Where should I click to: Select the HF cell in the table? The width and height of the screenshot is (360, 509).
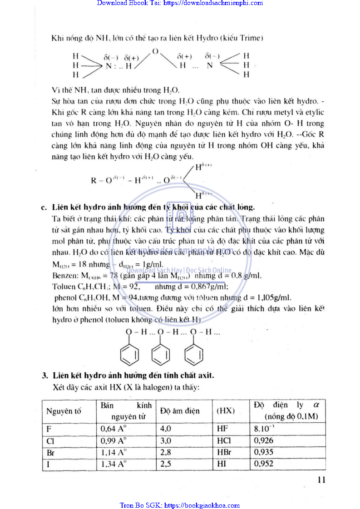coord(223,428)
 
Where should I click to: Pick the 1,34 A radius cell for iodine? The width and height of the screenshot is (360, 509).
coord(113,464)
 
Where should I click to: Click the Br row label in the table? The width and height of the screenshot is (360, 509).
coord(51,453)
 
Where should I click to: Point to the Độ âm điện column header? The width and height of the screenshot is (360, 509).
coord(180,411)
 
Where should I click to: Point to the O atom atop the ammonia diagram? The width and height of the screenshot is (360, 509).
coord(155,51)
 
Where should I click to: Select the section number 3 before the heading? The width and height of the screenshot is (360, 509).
coord(45,376)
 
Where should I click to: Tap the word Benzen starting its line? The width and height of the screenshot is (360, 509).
coord(63,276)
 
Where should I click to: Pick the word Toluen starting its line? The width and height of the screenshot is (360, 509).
coord(63,287)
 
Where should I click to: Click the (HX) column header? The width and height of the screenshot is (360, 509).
coord(226,411)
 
